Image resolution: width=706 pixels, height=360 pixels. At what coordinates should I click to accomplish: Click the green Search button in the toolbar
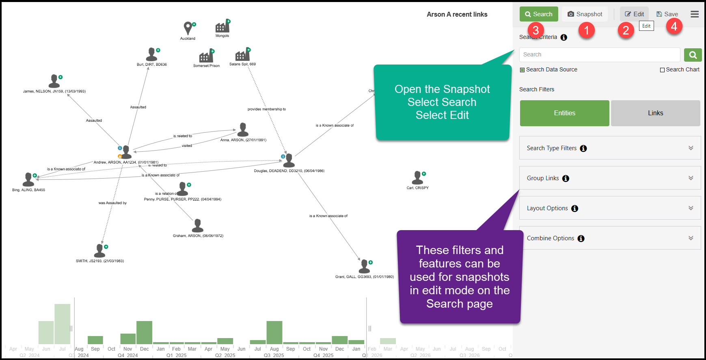(x=539, y=14)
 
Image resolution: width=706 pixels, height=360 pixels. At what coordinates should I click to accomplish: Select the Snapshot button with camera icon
(x=585, y=14)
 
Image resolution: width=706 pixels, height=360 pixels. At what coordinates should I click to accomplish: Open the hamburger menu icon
(x=695, y=14)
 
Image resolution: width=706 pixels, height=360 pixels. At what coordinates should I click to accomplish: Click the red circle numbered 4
(x=674, y=26)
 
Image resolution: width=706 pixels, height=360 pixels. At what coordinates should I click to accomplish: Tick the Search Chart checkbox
(x=663, y=70)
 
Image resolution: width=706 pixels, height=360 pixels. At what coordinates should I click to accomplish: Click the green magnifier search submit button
(x=693, y=55)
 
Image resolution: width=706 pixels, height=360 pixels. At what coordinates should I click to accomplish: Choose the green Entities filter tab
(x=564, y=113)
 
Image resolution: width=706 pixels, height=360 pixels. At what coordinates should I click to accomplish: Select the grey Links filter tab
(x=655, y=113)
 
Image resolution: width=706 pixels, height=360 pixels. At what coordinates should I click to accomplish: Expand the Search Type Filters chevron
(x=691, y=148)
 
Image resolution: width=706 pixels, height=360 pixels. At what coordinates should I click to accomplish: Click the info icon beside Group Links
(x=566, y=179)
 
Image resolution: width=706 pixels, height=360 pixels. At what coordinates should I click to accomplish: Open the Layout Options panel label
(x=547, y=208)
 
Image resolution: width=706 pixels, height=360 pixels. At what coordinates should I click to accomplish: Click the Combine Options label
(x=551, y=238)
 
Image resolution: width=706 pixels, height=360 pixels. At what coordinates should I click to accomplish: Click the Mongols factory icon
(x=222, y=27)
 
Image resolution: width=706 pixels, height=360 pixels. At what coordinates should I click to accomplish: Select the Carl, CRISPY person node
(x=417, y=178)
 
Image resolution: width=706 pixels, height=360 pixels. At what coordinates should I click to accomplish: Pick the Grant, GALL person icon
(x=364, y=267)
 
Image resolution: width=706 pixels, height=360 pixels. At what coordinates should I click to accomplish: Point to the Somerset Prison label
(x=206, y=66)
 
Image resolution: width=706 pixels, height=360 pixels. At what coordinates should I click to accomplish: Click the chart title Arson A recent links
(x=457, y=15)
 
